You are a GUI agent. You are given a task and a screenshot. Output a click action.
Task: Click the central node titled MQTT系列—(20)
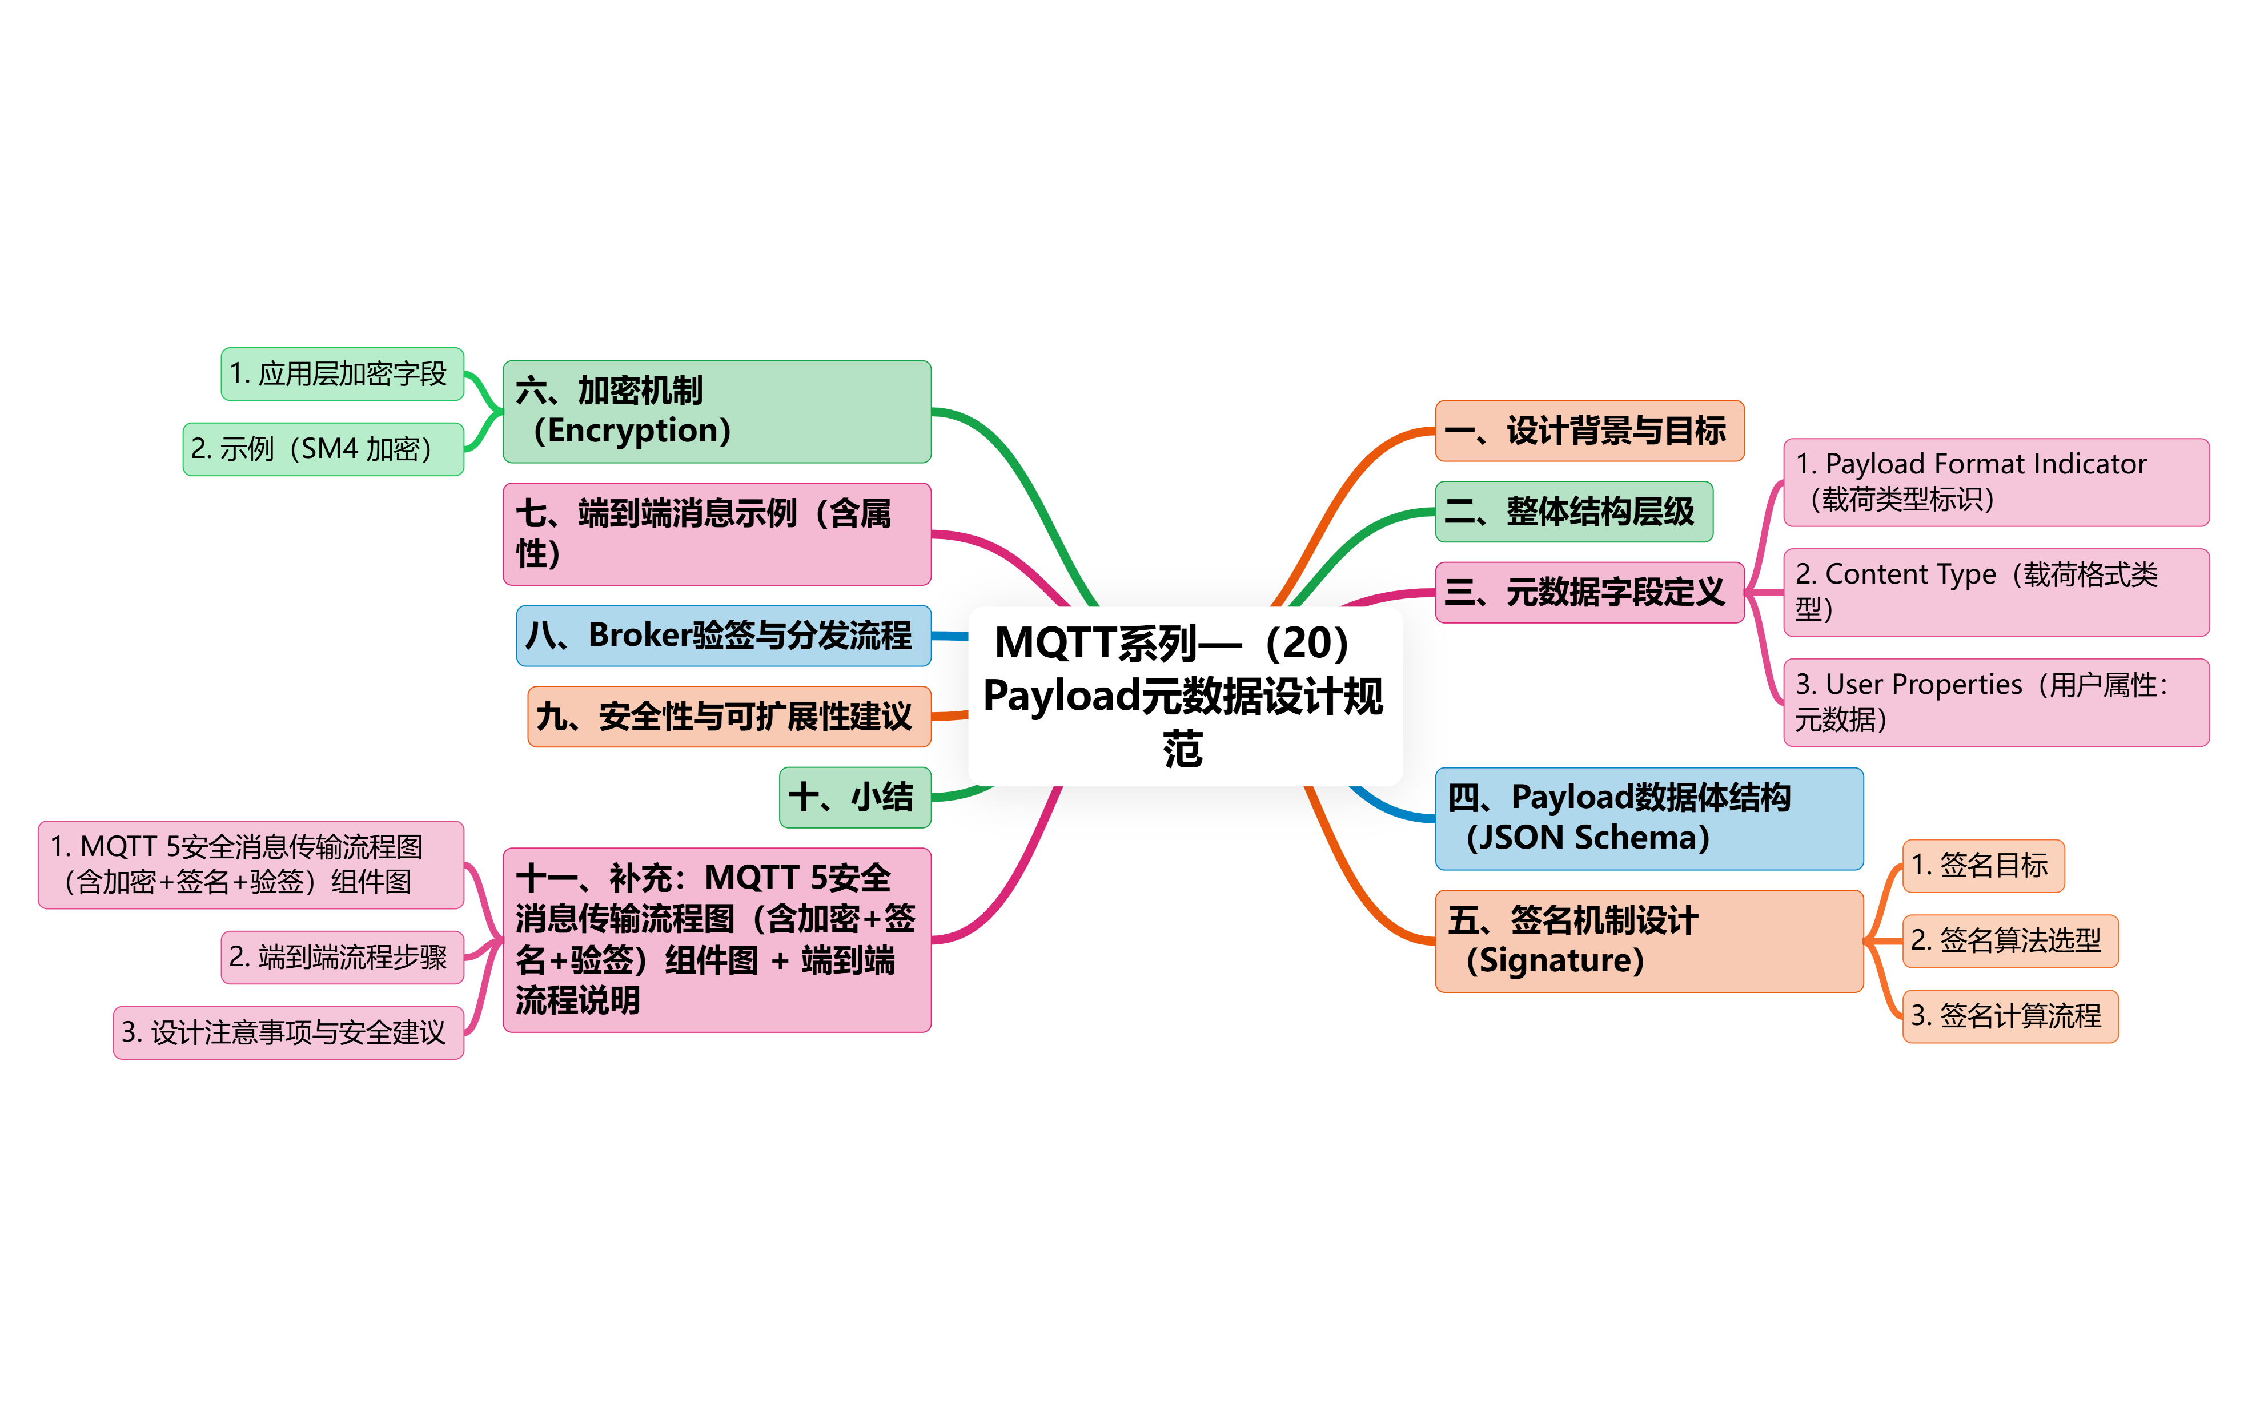coord(1185,696)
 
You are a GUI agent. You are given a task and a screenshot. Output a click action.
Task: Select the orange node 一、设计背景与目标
coord(1588,431)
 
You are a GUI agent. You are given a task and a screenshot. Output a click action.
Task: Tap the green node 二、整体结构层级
coord(1572,512)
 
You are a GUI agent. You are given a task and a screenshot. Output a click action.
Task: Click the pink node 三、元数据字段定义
coord(1588,592)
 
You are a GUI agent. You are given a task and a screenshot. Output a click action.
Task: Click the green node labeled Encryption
coord(716,411)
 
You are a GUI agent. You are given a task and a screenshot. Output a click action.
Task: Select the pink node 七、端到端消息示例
coord(716,533)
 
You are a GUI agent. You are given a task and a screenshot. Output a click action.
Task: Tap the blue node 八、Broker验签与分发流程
coord(723,636)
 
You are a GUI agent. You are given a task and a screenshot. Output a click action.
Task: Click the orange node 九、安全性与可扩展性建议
coord(729,717)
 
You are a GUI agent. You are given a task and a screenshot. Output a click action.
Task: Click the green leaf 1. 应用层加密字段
coord(342,374)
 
